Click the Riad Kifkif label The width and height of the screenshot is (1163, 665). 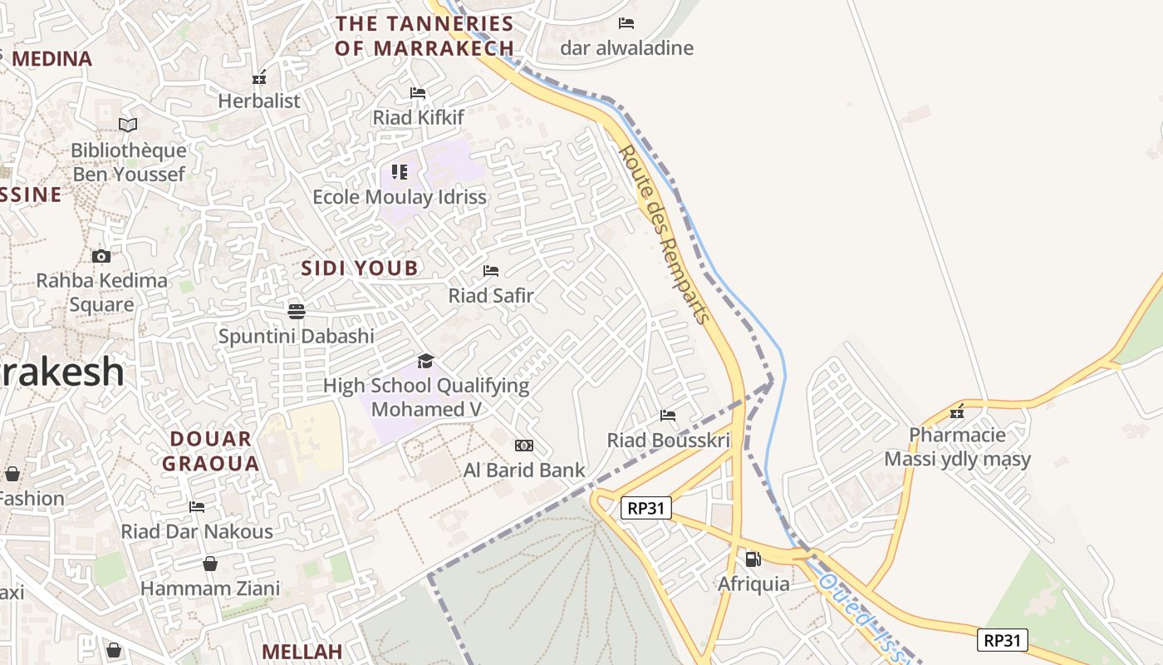pos(418,117)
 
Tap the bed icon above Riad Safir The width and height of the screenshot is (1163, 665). pos(491,271)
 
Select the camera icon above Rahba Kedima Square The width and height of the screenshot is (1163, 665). pos(101,256)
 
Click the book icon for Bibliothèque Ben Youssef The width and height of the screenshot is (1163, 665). pos(127,125)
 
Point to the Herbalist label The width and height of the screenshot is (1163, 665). pos(259,101)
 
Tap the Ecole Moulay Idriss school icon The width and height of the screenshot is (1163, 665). pos(400,172)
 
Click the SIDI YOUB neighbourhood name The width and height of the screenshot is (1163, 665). pos(360,268)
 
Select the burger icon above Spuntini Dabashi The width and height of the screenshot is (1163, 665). pos(297,311)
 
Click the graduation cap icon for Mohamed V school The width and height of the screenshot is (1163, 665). pos(425,361)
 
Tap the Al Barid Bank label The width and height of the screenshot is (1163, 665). pos(524,470)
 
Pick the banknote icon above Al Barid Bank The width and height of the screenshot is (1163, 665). pos(524,446)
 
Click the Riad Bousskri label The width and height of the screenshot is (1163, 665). pos(669,440)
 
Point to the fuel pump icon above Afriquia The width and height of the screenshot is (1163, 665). pos(753,559)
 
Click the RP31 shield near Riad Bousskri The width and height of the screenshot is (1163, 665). pos(646,507)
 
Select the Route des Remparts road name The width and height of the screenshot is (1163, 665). pos(665,235)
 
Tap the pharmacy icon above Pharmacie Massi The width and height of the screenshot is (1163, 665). pos(957,411)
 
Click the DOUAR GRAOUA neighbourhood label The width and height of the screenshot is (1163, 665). pos(210,451)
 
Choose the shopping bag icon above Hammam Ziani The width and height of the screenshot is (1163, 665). pos(210,564)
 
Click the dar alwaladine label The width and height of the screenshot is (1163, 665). pos(626,47)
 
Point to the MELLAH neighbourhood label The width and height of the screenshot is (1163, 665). pos(302,651)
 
